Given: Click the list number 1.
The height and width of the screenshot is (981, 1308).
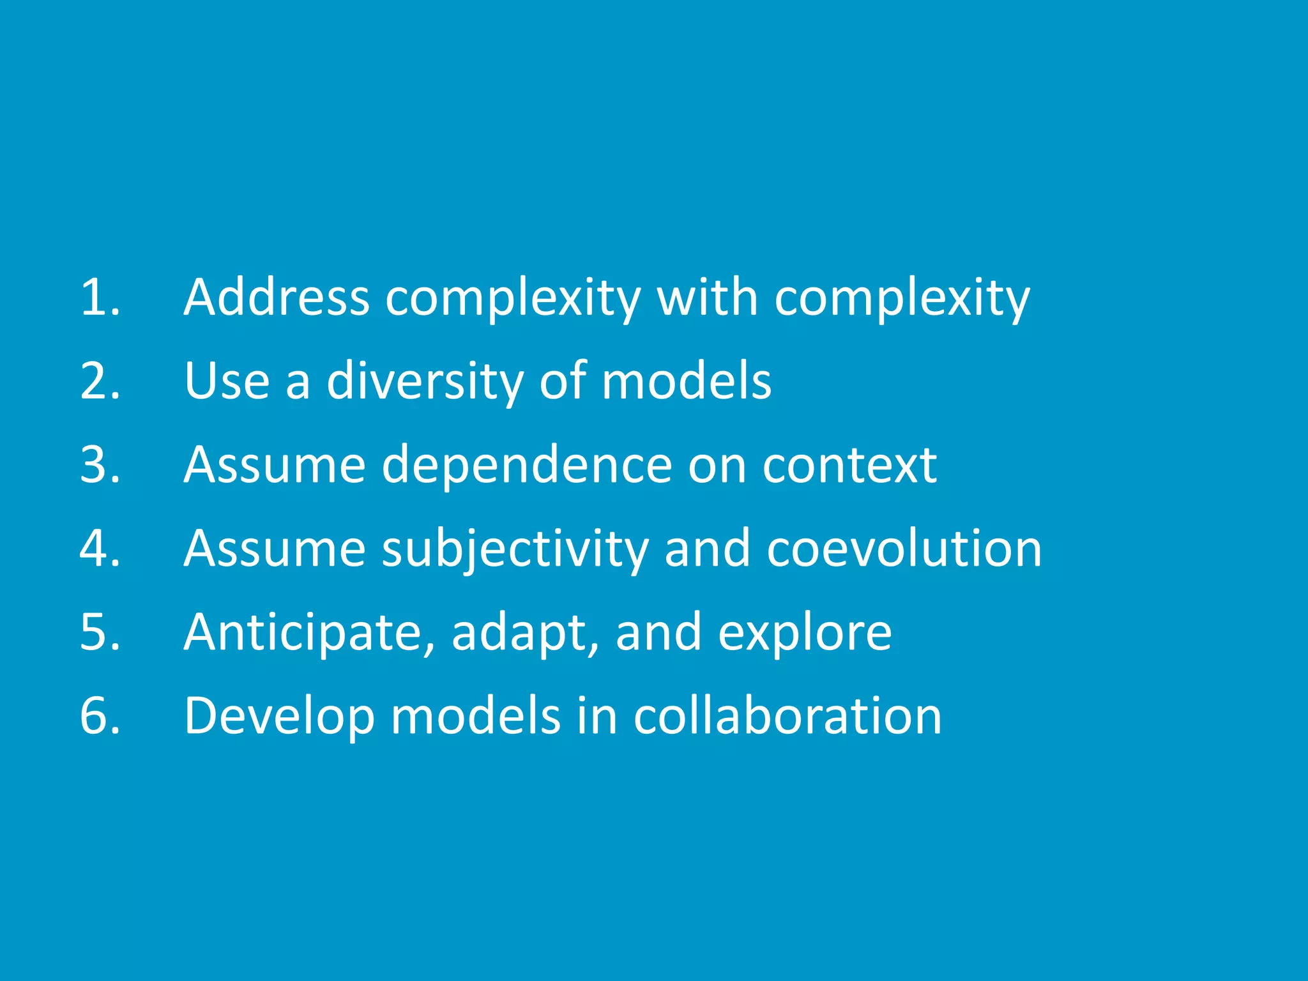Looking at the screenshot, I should pos(100,298).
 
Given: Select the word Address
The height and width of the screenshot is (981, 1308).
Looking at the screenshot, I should pos(277,298).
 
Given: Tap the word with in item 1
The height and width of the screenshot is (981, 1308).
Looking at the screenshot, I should pos(707,298).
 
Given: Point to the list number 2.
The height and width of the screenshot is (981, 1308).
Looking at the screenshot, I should pos(100,381).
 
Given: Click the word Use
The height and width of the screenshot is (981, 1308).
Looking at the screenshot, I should pos(227,381).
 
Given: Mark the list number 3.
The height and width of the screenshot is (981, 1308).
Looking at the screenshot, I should pos(100,465).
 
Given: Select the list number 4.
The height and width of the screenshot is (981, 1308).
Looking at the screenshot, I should pos(100,549).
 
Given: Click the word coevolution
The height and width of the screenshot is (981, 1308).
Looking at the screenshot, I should pos(904,549).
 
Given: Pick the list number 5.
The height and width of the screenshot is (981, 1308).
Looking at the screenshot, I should pos(100,632).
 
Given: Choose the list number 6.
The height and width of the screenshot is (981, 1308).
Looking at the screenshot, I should pos(100,716).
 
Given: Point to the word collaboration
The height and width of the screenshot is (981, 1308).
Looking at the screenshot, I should pos(787,716).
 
